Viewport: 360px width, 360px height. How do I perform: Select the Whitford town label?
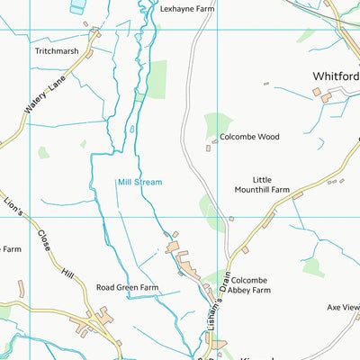point(336,76)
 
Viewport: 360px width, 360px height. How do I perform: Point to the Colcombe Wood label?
point(249,137)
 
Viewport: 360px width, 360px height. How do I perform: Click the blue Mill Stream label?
point(139,182)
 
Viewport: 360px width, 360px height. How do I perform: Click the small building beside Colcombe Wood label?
point(209,147)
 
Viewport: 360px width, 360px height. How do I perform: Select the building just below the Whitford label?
point(317,93)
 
